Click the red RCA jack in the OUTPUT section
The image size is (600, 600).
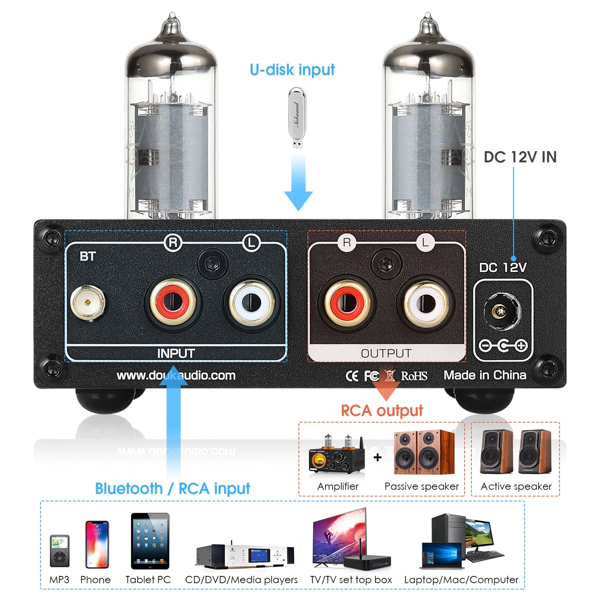pyautogui.click(x=347, y=303)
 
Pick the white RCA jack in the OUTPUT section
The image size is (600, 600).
pyautogui.click(x=426, y=304)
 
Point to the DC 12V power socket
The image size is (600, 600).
pyautogui.click(x=502, y=311)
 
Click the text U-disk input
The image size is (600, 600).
pyautogui.click(x=292, y=70)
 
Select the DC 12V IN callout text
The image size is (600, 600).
pyautogui.click(x=520, y=157)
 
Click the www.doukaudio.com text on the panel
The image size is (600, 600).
pyautogui.click(x=176, y=375)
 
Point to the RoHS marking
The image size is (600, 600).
pyautogui.click(x=414, y=376)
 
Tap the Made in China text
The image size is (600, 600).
pyautogui.click(x=485, y=375)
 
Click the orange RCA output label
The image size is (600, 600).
pyautogui.click(x=382, y=411)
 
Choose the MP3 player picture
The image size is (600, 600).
pyautogui.click(x=60, y=551)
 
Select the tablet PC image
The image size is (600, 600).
pyautogui.click(x=150, y=541)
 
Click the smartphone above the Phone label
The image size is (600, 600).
pyautogui.click(x=97, y=544)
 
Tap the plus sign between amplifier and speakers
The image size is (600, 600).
pyautogui.click(x=377, y=458)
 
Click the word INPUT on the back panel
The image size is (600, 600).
pyautogui.click(x=176, y=353)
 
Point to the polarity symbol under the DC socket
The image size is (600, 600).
pyautogui.click(x=503, y=345)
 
